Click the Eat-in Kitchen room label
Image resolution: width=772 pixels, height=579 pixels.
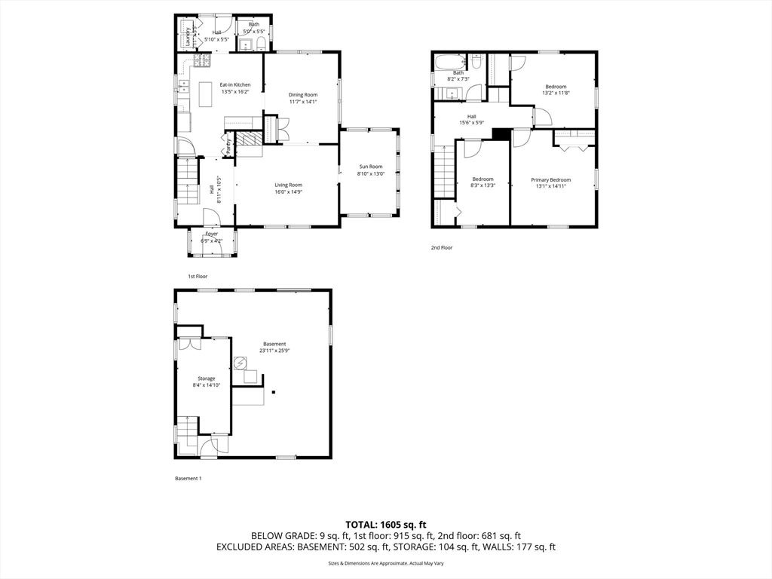[234, 88]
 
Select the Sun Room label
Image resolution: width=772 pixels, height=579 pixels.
[370, 170]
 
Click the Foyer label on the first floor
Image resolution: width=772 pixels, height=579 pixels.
[212, 237]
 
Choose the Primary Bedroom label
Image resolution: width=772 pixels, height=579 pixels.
[550, 183]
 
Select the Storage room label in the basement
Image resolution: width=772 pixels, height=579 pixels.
[206, 381]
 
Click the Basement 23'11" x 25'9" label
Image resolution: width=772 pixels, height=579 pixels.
[274, 347]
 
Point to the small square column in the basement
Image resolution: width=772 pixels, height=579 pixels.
[274, 392]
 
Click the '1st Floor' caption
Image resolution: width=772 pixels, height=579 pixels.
[198, 277]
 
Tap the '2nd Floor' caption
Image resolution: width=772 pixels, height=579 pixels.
[442, 247]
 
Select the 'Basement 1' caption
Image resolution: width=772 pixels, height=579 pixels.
[188, 479]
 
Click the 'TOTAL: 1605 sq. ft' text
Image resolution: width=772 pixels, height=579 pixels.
[386, 524]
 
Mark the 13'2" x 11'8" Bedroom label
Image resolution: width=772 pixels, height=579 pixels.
[556, 90]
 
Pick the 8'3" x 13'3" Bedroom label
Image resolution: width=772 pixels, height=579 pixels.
[482, 182]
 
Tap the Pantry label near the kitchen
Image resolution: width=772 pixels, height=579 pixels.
[228, 143]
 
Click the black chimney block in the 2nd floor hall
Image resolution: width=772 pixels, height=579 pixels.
[500, 133]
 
